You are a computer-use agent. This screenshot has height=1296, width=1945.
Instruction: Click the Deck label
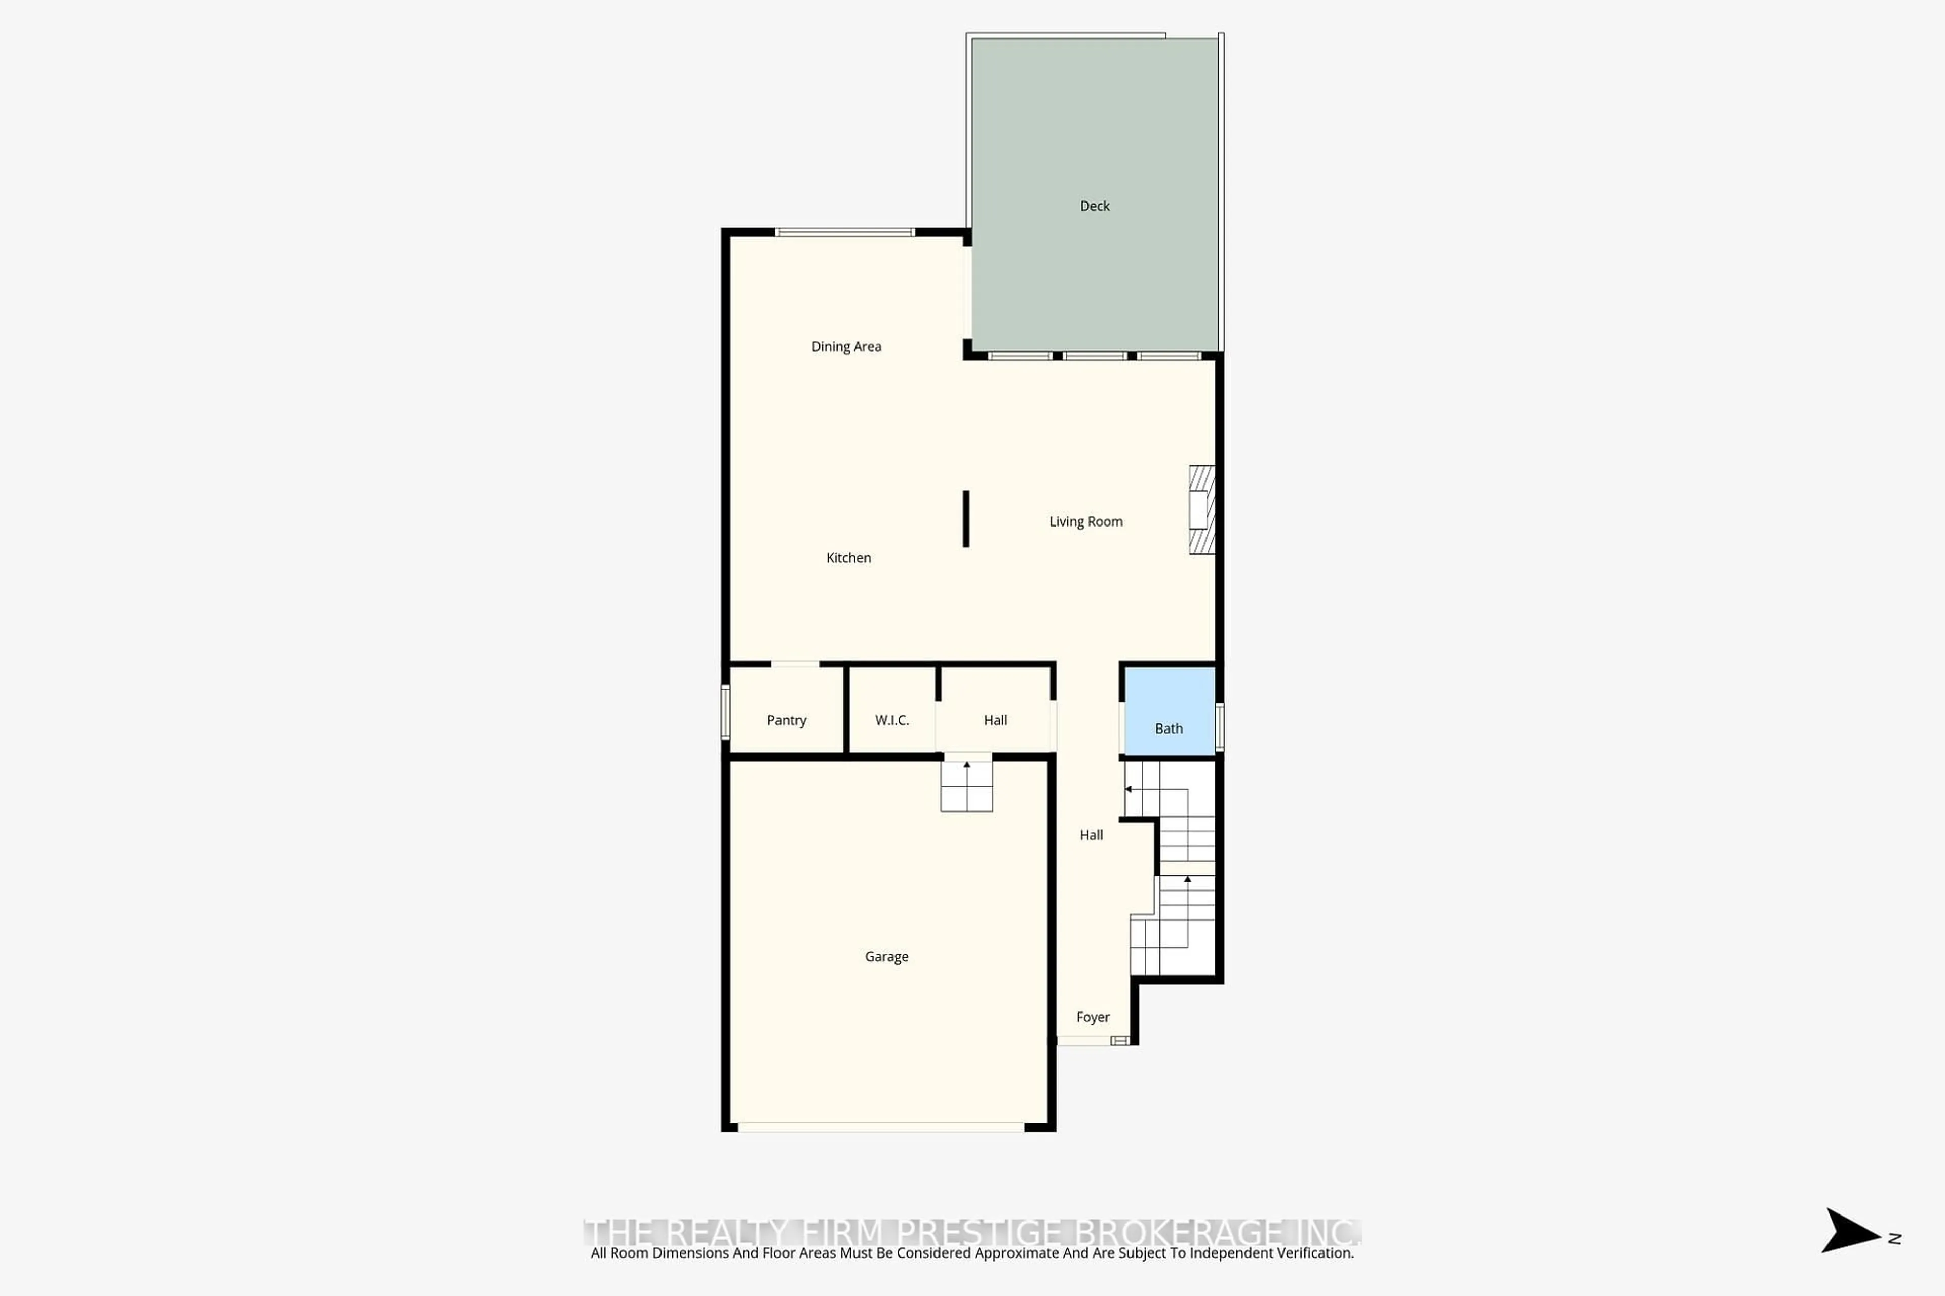pyautogui.click(x=1094, y=206)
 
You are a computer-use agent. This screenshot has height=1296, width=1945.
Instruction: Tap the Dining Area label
pyautogui.click(x=846, y=346)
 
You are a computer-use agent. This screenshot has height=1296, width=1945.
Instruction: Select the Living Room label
pyautogui.click(x=1085, y=521)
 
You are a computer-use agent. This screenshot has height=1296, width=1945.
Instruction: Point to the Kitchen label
pyautogui.click(x=848, y=558)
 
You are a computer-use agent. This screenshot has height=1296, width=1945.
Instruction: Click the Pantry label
pyautogui.click(x=786, y=720)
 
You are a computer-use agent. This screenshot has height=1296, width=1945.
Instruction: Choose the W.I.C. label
pyautogui.click(x=891, y=720)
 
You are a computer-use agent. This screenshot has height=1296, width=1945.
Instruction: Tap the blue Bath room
pyautogui.click(x=1169, y=712)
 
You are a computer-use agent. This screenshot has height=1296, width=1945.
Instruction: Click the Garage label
pyautogui.click(x=886, y=956)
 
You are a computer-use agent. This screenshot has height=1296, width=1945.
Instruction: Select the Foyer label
pyautogui.click(x=1093, y=1017)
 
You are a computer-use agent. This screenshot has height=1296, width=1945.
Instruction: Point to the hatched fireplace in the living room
pyautogui.click(x=1201, y=510)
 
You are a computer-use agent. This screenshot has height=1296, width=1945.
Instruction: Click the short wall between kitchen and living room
pyautogui.click(x=966, y=518)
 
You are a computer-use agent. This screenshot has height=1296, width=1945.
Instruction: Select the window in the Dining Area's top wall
pyautogui.click(x=844, y=232)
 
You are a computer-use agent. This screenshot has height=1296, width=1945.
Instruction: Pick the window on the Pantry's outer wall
pyautogui.click(x=725, y=712)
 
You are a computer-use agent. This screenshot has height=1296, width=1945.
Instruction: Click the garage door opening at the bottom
pyautogui.click(x=881, y=1127)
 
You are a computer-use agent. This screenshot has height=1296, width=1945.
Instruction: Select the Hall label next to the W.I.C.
pyautogui.click(x=995, y=720)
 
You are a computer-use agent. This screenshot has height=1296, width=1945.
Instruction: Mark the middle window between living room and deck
pyautogui.click(x=1094, y=356)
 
